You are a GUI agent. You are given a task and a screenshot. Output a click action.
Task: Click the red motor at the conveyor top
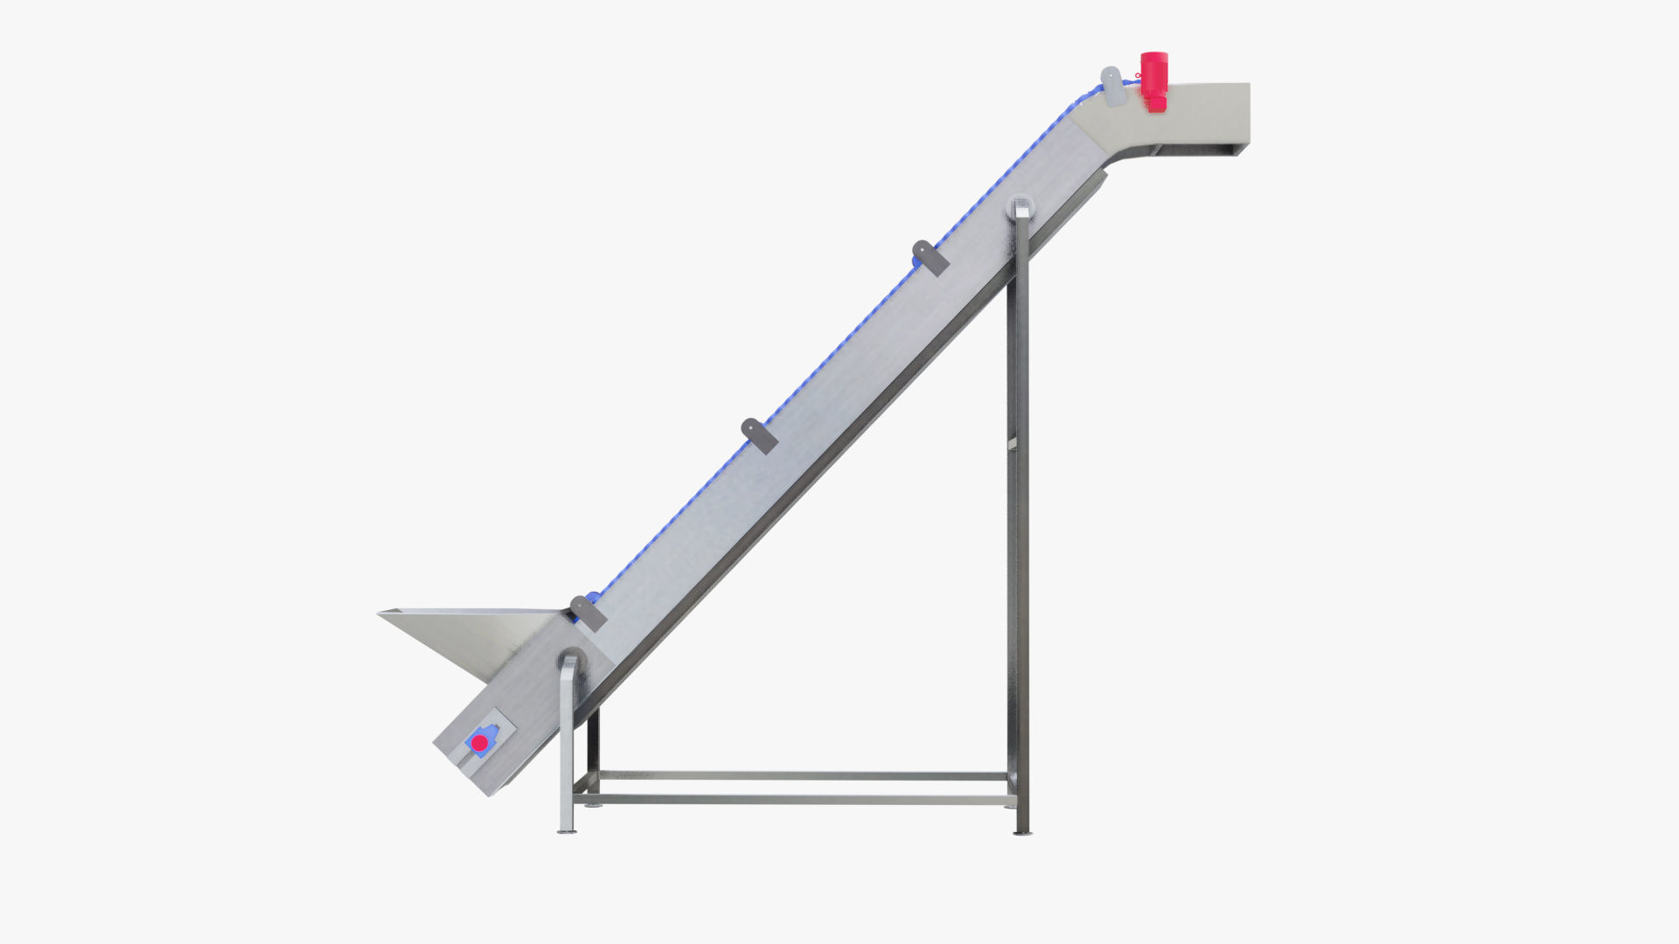(x=1153, y=80)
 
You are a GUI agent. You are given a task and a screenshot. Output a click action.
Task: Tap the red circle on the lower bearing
(x=479, y=743)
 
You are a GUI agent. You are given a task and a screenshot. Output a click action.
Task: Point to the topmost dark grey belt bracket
(x=930, y=258)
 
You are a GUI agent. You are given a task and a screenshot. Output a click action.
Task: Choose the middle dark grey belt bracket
(x=759, y=435)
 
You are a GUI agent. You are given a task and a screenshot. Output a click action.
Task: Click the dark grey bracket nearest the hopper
(x=589, y=613)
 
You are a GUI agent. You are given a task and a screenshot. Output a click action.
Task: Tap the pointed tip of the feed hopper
(x=381, y=614)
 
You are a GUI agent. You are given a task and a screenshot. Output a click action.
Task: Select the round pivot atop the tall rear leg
(x=1020, y=207)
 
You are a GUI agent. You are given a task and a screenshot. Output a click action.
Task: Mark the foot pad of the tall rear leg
(x=1021, y=832)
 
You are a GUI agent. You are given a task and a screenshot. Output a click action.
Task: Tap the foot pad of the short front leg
(x=567, y=830)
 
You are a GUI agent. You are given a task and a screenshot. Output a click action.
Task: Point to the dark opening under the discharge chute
(x=1198, y=151)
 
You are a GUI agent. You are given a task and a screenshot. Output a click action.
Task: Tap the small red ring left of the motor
(x=1138, y=76)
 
